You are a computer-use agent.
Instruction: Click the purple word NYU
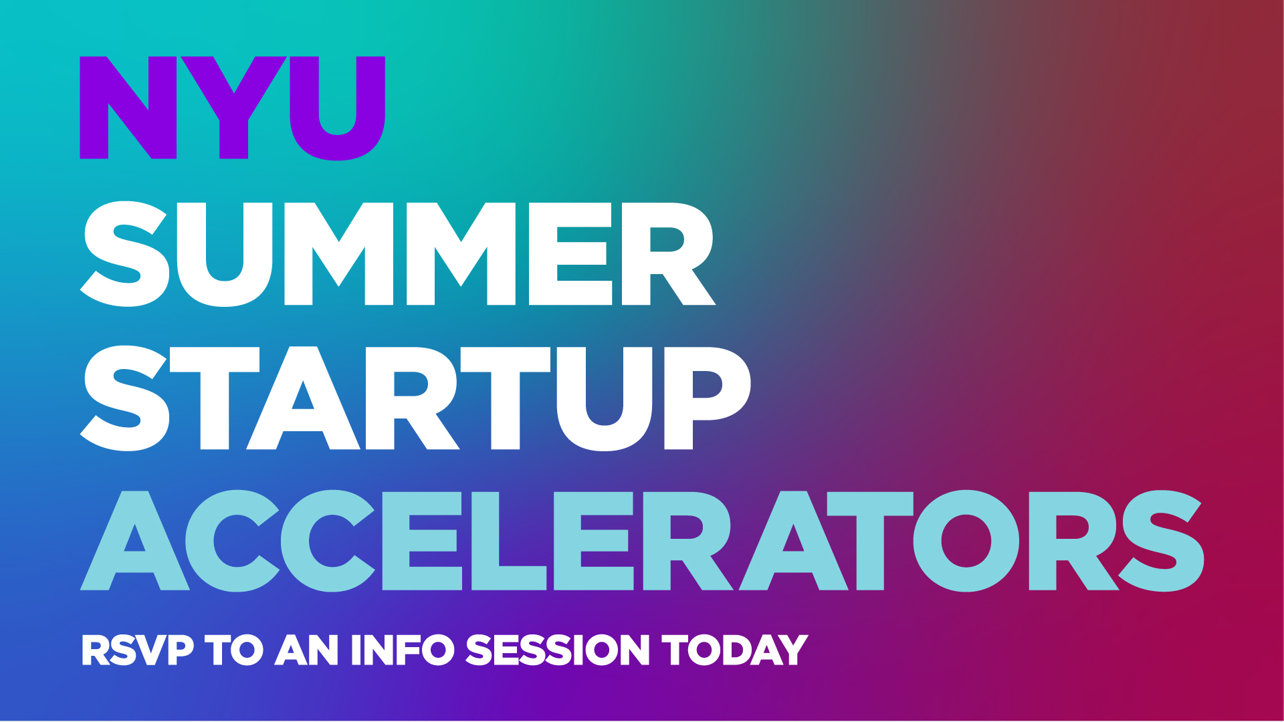click(233, 108)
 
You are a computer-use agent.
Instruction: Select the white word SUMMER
click(398, 254)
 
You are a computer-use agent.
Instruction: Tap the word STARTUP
click(415, 398)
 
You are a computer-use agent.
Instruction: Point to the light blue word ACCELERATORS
click(642, 541)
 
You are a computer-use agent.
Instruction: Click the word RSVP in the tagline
click(138, 650)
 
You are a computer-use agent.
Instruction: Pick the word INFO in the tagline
click(403, 650)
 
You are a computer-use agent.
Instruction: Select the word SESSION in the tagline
click(558, 650)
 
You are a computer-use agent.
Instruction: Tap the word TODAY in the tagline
click(735, 650)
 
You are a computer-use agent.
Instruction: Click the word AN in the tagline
click(307, 650)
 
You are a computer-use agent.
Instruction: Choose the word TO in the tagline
click(234, 650)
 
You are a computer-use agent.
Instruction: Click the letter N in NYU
click(128, 108)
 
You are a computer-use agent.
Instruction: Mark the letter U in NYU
click(338, 108)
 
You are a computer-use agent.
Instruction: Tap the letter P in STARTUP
click(708, 398)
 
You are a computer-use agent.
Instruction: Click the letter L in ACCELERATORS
click(509, 541)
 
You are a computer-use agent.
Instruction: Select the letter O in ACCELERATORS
click(966, 541)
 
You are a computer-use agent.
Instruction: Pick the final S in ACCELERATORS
click(1162, 541)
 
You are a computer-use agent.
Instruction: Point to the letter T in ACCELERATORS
click(870, 541)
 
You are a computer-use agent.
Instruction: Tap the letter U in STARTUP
click(605, 399)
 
